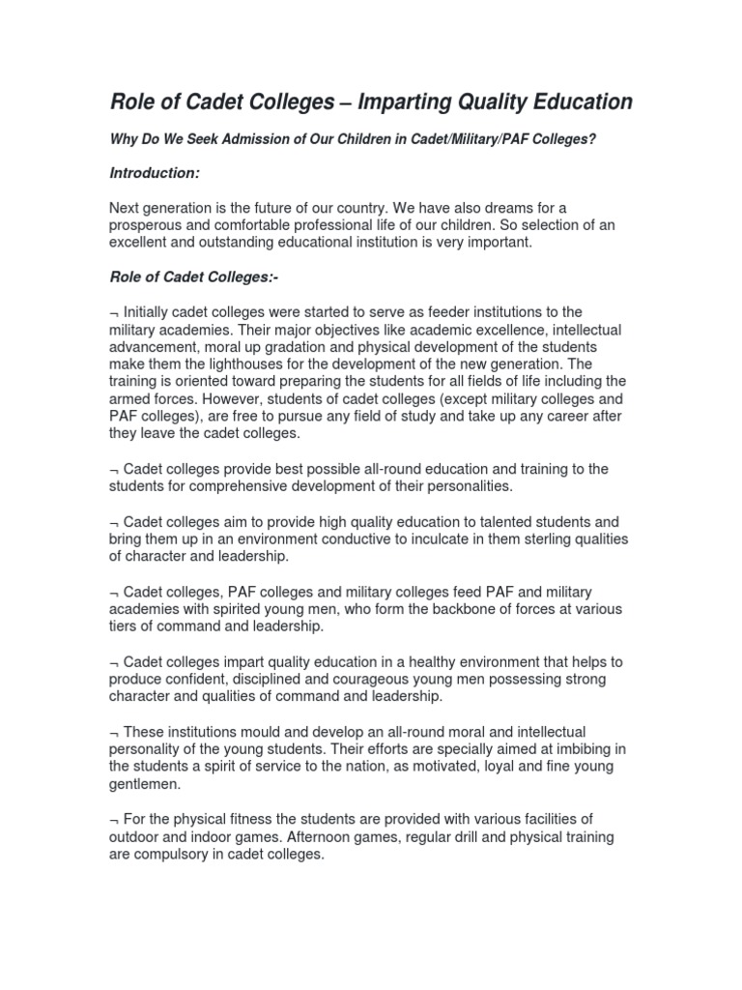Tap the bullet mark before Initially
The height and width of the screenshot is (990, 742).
pos(114,312)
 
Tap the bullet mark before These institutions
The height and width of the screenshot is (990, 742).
pos(114,732)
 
